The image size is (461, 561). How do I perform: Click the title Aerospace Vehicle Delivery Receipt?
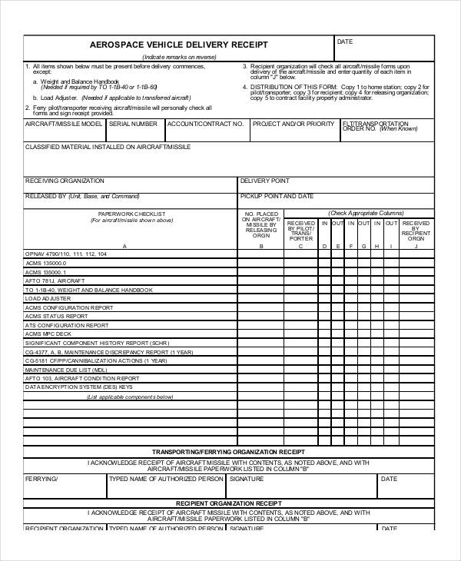click(x=179, y=45)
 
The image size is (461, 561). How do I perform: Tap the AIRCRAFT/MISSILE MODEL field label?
click(x=64, y=124)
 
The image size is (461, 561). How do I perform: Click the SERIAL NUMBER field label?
click(x=133, y=124)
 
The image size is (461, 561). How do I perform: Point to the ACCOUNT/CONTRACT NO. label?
click(x=200, y=124)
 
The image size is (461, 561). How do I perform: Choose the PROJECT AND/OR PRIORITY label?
click(x=294, y=124)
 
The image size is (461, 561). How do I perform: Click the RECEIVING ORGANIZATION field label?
click(x=65, y=181)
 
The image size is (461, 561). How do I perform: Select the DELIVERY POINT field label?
click(x=265, y=181)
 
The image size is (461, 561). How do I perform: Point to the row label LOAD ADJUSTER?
click(x=48, y=299)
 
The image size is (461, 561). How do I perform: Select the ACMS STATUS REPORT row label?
click(x=56, y=316)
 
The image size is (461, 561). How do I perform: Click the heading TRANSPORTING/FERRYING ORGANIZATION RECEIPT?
click(x=228, y=451)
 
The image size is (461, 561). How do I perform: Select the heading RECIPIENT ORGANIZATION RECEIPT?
click(x=228, y=501)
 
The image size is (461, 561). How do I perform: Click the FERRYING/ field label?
click(x=41, y=479)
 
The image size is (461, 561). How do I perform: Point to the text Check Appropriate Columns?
click(x=366, y=213)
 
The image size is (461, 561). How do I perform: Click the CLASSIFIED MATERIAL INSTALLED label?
click(x=108, y=146)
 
